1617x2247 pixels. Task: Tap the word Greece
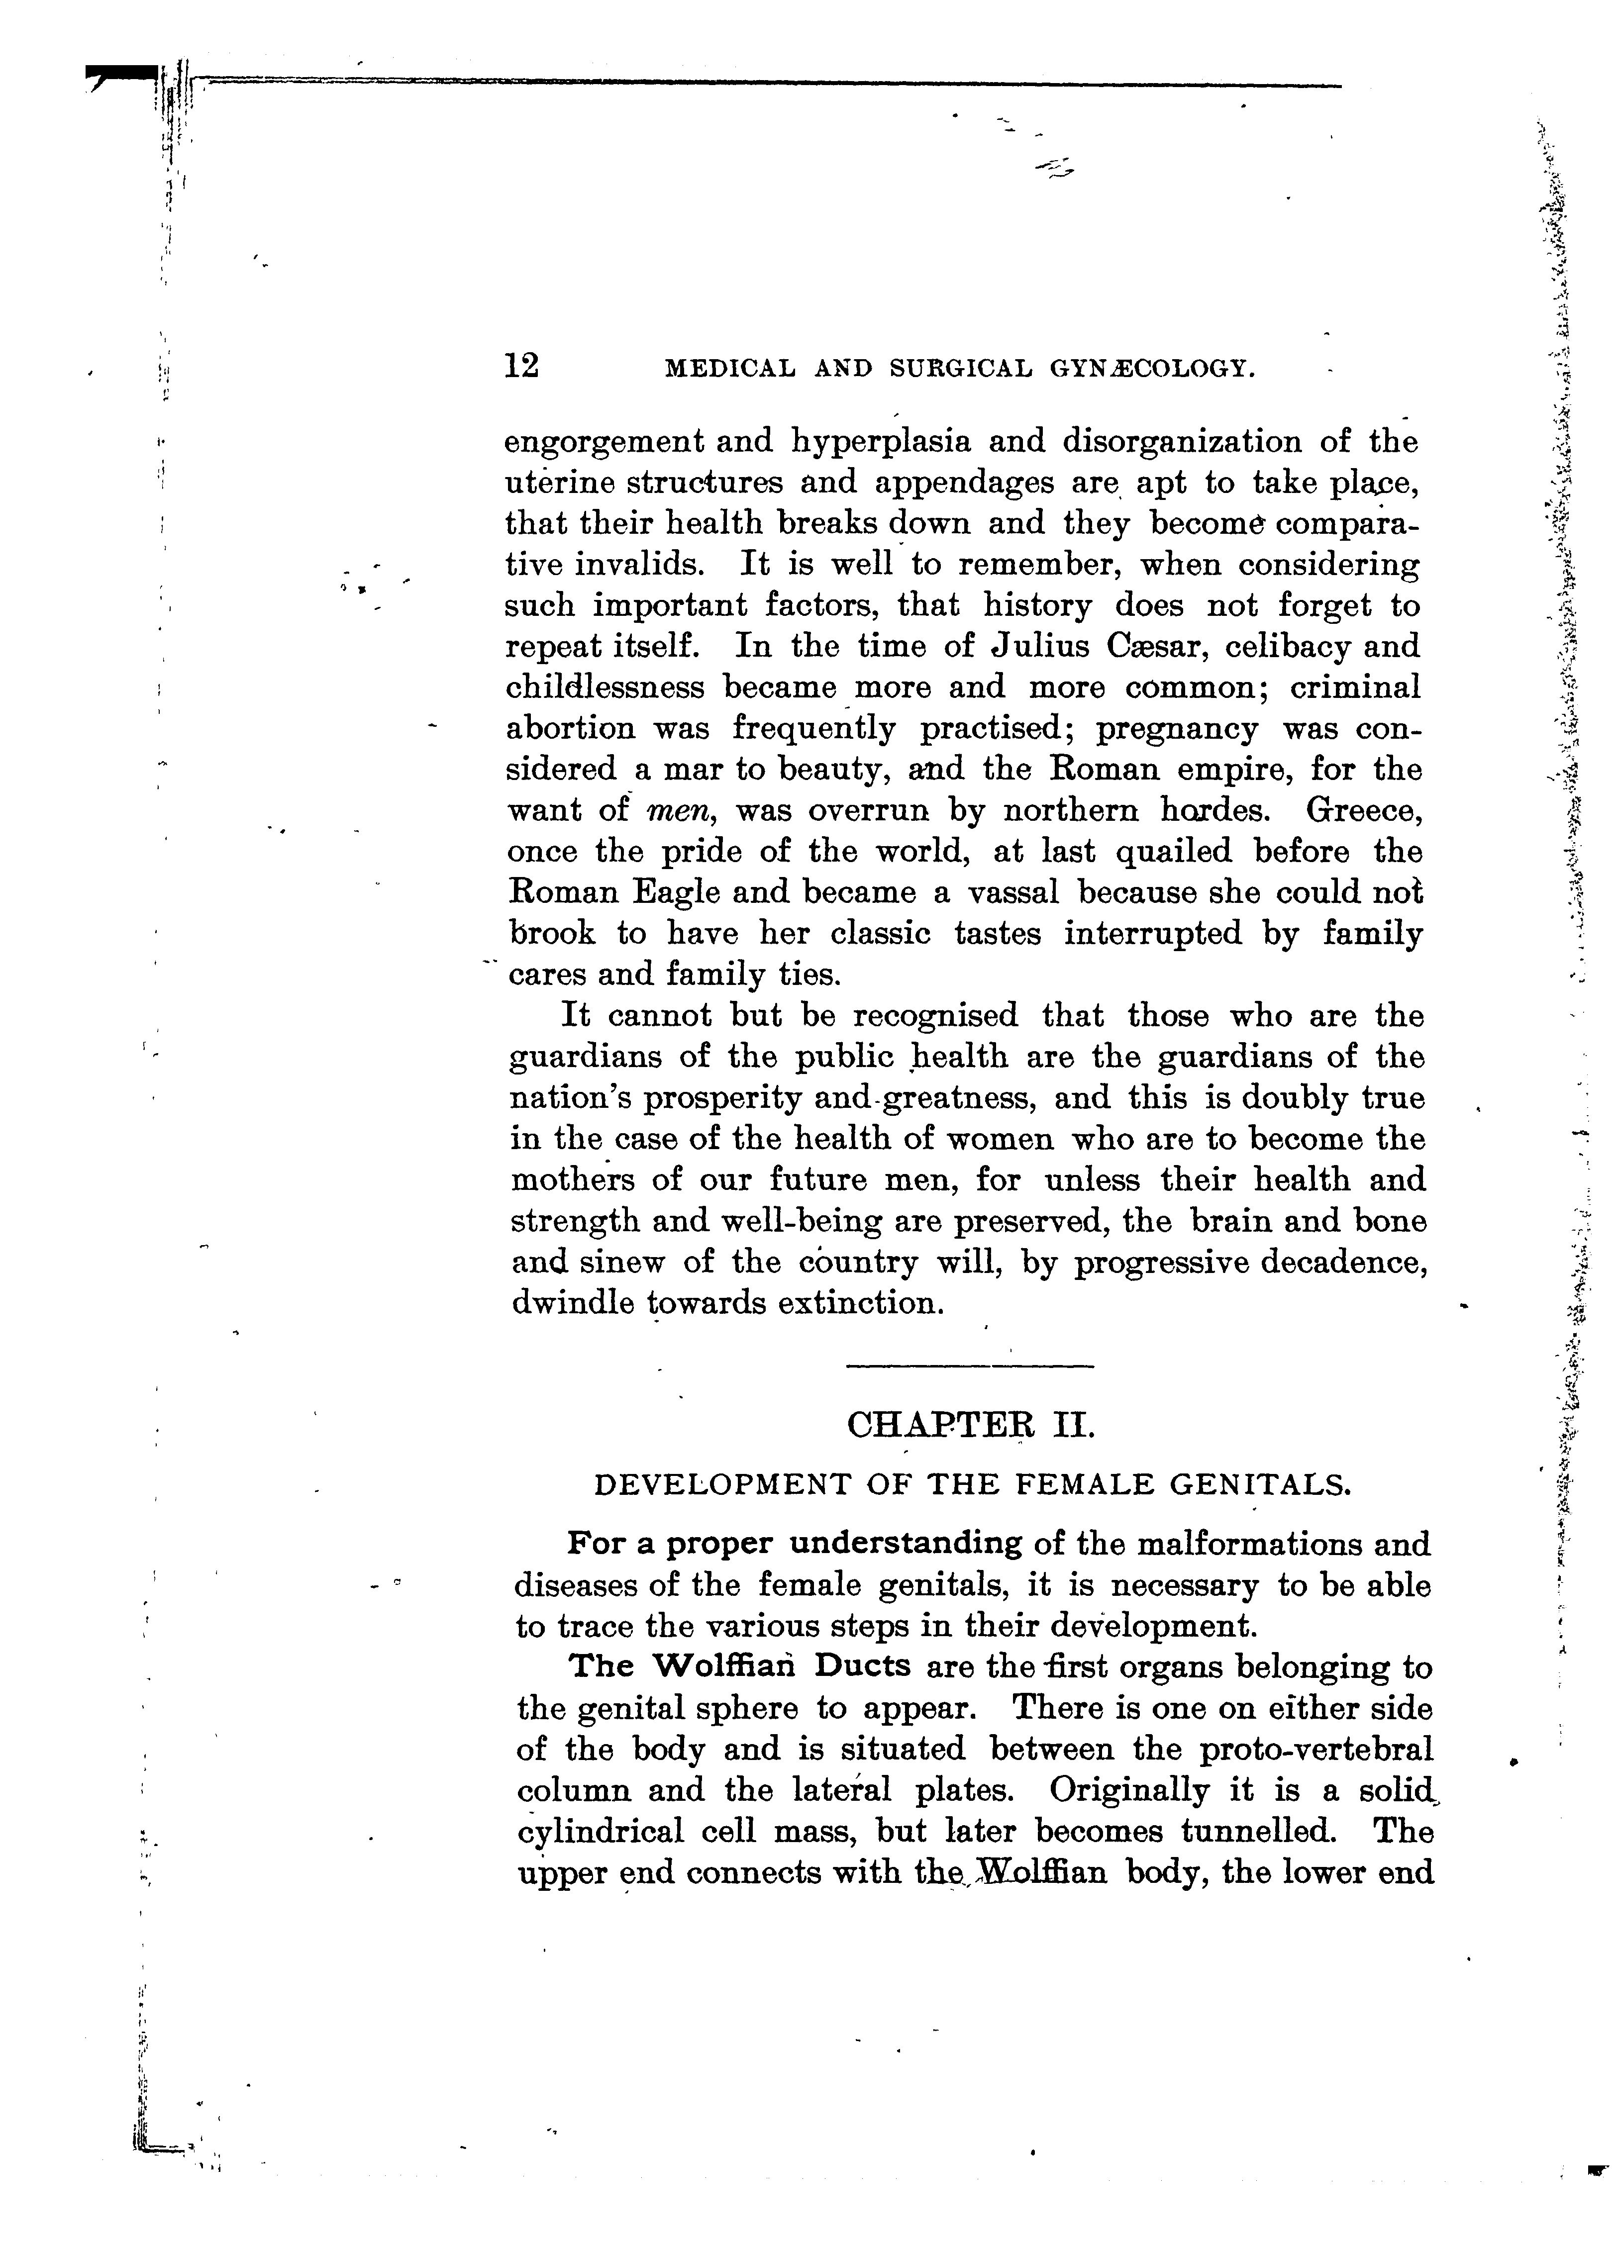(1363, 810)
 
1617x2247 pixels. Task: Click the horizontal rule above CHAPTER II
(970, 1368)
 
